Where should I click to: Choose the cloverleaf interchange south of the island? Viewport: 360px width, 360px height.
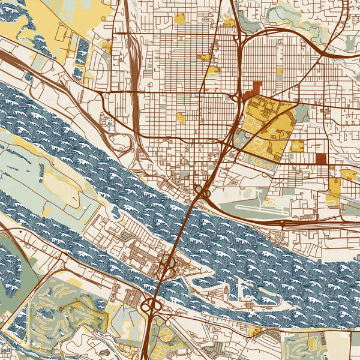pos(148,307)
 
